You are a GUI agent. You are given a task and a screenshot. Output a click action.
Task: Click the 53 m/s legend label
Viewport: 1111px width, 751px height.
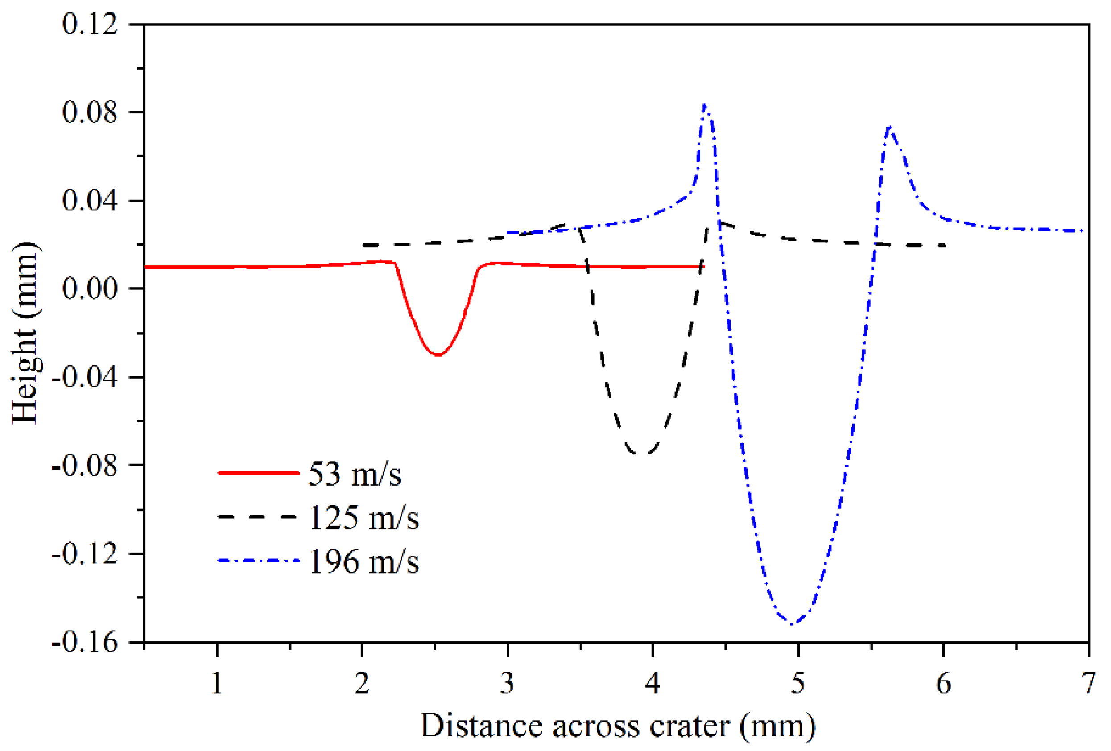point(354,474)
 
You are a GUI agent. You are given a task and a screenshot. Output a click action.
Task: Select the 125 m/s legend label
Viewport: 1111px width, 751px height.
point(363,518)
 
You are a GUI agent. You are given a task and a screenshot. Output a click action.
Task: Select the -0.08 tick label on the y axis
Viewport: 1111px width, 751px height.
point(85,466)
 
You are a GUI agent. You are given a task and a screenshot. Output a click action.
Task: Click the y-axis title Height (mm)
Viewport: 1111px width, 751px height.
point(25,333)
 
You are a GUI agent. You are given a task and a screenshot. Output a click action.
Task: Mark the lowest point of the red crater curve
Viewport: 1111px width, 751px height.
point(438,355)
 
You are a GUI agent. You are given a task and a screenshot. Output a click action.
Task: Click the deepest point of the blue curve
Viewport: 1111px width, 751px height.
point(792,624)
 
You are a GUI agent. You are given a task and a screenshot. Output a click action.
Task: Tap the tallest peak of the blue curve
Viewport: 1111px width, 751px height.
point(705,105)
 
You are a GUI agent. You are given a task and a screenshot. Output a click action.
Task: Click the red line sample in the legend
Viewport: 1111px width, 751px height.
point(259,473)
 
